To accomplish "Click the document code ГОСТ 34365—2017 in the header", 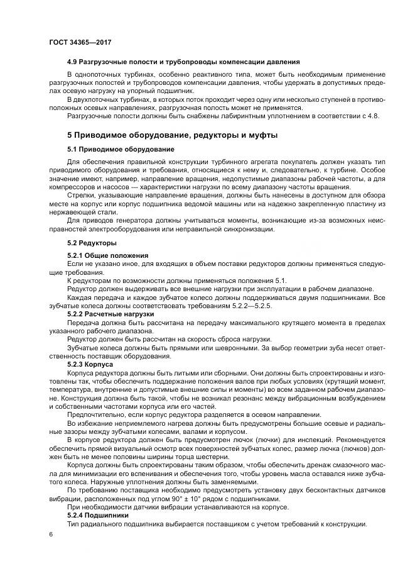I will click(80, 43).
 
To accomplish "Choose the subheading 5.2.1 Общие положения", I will click(107, 255).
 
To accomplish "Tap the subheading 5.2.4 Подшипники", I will click(97, 516).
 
